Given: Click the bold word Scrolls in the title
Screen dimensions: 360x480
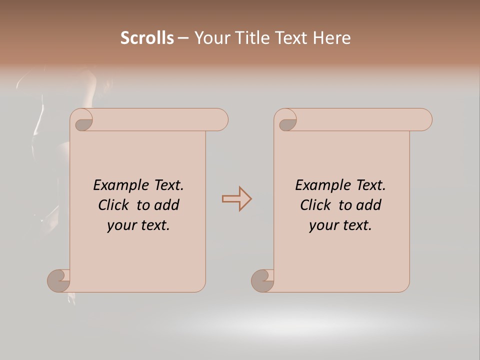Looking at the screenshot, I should pos(147,38).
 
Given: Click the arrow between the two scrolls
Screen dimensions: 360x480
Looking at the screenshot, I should pos(236,199).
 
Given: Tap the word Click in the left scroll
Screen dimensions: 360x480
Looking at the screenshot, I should pos(109,205).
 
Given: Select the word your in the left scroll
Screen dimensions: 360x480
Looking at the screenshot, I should pos(120,225).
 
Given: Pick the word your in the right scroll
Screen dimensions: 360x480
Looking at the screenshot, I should pos(322,225).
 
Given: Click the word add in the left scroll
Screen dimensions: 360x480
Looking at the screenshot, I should pos(167,205).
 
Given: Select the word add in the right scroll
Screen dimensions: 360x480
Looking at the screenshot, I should pos(369,205).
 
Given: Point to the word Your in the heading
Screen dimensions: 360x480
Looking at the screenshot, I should pos(211,38).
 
